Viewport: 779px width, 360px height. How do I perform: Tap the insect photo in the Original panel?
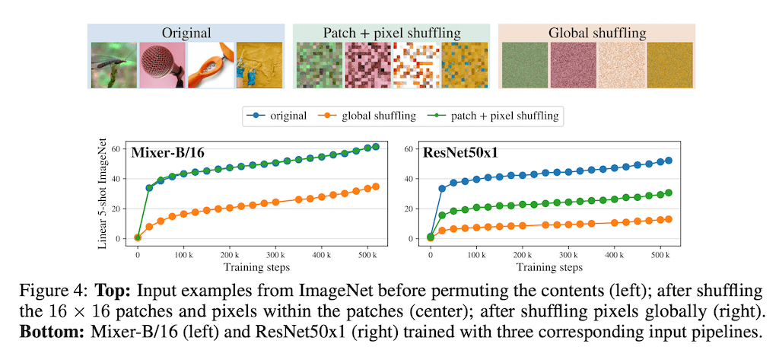click(114, 65)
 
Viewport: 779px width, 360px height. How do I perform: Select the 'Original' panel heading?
click(186, 33)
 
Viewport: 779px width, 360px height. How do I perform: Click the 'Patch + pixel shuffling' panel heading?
click(392, 33)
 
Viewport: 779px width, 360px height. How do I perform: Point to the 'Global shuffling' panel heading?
click(596, 33)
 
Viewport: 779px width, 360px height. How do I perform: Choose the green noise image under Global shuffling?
click(525, 65)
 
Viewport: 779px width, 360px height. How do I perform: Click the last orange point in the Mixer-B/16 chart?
click(375, 186)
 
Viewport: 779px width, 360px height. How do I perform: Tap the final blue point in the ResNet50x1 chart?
click(668, 161)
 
